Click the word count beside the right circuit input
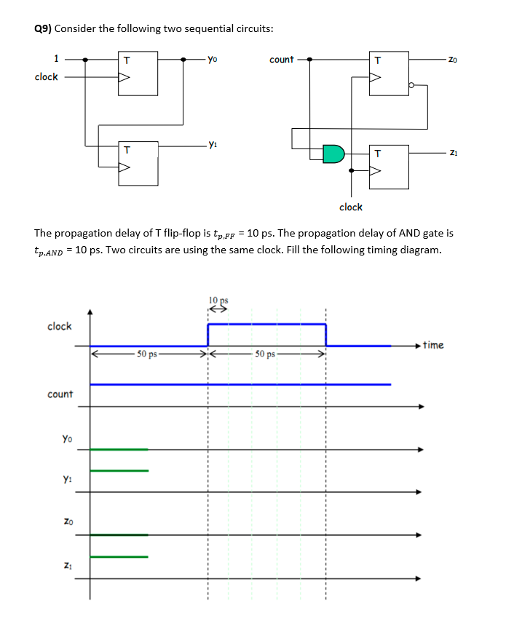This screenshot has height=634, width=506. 281,59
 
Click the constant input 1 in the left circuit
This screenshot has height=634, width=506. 56,59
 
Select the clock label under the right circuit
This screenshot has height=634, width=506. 350,207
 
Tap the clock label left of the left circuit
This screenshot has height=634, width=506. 46,77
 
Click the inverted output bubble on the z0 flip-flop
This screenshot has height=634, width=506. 411,85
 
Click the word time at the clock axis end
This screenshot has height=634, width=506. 432,345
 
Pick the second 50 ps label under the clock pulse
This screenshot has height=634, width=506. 266,354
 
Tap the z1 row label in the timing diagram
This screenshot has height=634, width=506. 67,565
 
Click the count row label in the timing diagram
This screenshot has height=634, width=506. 60,394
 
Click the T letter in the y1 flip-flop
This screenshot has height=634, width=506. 126,151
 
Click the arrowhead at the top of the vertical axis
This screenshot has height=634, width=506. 90,312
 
